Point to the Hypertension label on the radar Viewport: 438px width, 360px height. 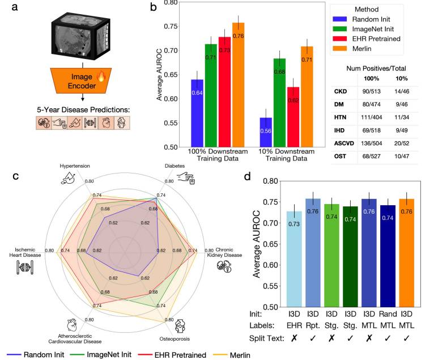tap(75, 166)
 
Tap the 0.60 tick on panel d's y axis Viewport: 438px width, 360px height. tap(269, 265)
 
